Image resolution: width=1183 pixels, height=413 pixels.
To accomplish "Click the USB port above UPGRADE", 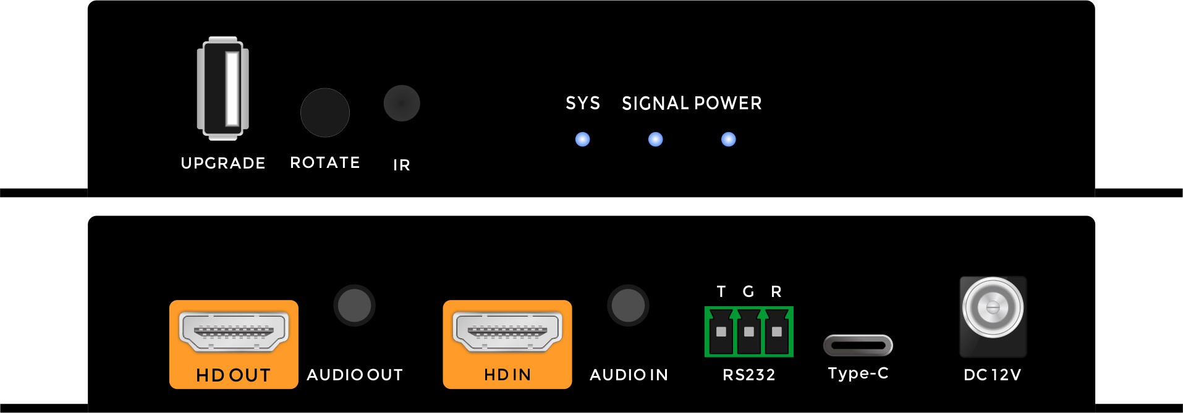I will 223,88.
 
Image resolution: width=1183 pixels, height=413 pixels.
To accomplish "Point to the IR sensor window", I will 402,103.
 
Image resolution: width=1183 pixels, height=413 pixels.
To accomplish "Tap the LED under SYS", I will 582,140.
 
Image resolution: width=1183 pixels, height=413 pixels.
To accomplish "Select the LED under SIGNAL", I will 655,140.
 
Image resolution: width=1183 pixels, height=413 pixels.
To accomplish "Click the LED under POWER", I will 729,140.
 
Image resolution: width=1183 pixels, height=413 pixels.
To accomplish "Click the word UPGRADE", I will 223,163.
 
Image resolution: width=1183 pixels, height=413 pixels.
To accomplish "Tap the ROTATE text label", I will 325,162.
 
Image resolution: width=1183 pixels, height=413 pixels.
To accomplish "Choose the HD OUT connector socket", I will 234,331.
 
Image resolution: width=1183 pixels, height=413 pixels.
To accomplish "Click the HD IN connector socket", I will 507,331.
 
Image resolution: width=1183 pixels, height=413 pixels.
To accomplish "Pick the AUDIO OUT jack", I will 354,306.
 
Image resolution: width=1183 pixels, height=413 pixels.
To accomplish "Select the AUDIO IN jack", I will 628,306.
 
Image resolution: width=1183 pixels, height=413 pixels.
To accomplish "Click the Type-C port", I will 858,345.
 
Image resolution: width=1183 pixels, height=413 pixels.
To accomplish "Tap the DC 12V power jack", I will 993,307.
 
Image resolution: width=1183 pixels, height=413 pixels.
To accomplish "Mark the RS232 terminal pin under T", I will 721,332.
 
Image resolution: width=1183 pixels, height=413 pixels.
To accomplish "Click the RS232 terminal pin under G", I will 749,332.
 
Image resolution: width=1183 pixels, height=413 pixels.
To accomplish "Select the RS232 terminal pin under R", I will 777,332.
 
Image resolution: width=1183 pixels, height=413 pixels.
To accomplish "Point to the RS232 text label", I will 749,375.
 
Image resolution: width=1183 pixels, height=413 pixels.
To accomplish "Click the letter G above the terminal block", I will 748,291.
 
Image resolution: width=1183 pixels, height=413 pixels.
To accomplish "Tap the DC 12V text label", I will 992,375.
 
